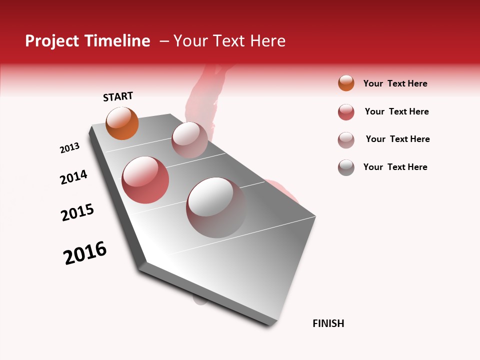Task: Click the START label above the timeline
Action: [118, 96]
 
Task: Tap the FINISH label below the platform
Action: [328, 323]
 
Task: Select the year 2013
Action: [69, 148]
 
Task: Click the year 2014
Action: [73, 177]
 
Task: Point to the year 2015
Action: [77, 212]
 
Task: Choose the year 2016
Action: [85, 253]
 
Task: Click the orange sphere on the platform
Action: [122, 123]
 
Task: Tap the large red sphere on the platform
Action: [145, 180]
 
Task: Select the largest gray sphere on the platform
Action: [216, 207]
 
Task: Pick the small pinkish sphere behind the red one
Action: [189, 140]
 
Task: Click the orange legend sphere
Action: [346, 83]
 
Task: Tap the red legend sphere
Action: [346, 112]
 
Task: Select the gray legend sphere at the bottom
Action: [346, 167]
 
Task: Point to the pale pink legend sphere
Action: [346, 140]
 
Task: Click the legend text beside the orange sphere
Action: [395, 83]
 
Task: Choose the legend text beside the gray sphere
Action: [395, 167]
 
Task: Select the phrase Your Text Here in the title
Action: [229, 41]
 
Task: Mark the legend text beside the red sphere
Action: [396, 111]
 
